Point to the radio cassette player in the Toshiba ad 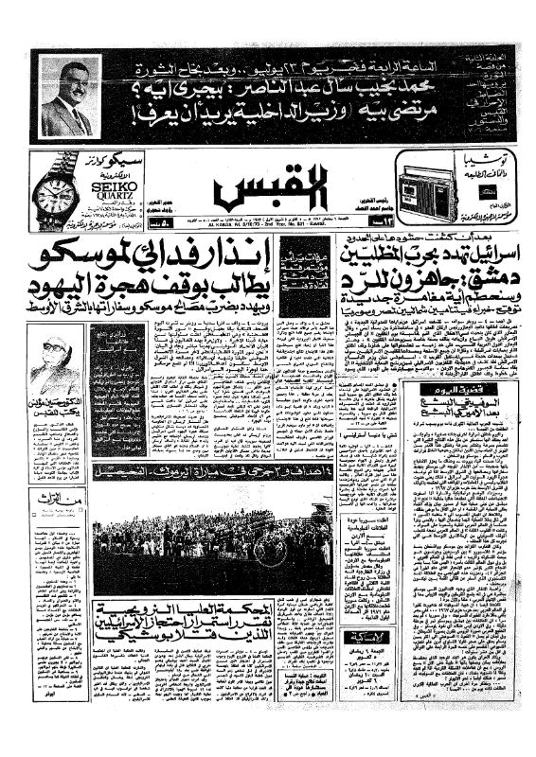click(x=429, y=182)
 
